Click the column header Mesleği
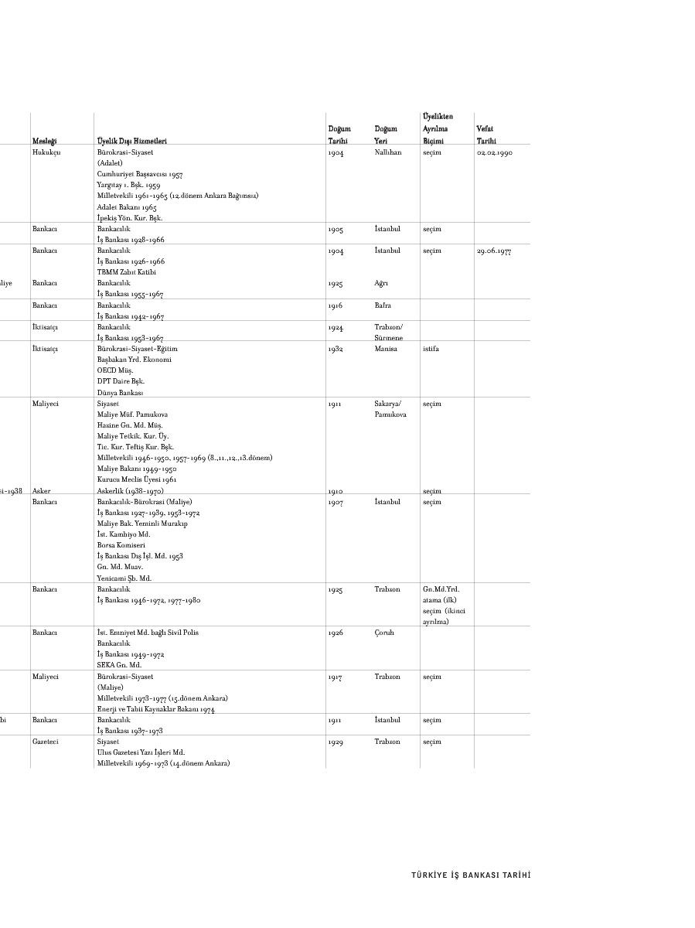click(44, 142)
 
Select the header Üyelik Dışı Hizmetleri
click(132, 142)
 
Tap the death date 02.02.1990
click(494, 153)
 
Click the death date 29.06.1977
click(494, 251)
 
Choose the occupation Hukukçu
click(46, 153)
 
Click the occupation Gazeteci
click(46, 742)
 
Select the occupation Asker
click(42, 491)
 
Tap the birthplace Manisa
click(386, 349)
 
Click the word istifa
click(431, 349)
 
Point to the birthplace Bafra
click(383, 305)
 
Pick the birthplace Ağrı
click(382, 283)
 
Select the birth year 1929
click(335, 742)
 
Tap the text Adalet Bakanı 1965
click(127, 207)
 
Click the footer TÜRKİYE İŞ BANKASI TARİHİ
click(471, 875)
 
